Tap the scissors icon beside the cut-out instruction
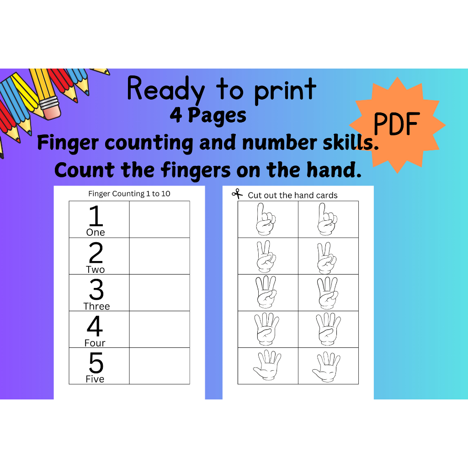pos(237,194)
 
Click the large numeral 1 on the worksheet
pos(96,216)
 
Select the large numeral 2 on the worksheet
pos(96,253)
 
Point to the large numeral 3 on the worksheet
pos(96,289)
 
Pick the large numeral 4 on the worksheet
pos(95,326)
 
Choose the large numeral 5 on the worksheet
pos(96,363)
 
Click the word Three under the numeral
pos(96,306)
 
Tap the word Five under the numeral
pos(95,379)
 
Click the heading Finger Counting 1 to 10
pos(129,194)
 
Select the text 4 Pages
pos(208,116)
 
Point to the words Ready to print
pos(222,90)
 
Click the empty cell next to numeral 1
pos(160,219)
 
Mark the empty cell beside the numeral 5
pos(160,366)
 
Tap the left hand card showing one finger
pos(268,219)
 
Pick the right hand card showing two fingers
pos(328,256)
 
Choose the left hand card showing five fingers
pos(268,366)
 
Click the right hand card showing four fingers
pos(328,329)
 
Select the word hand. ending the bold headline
pos(330,170)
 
